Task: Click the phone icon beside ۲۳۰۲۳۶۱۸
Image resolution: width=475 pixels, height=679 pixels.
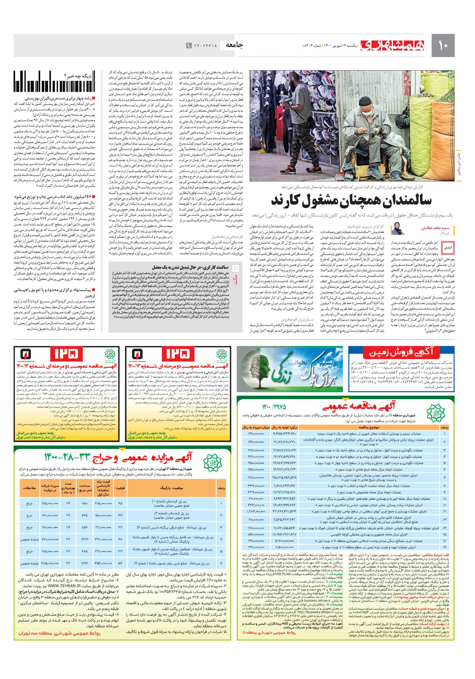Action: point(188,45)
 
